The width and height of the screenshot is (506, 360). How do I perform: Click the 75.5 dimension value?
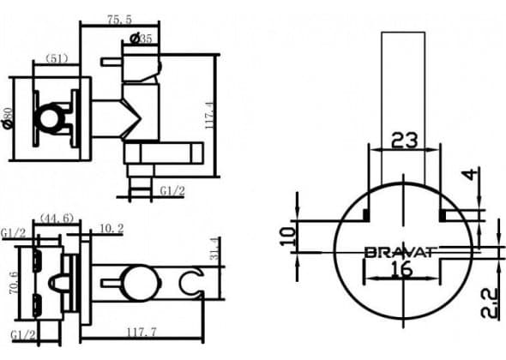tap(119, 20)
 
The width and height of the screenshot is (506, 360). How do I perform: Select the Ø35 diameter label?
tap(141, 39)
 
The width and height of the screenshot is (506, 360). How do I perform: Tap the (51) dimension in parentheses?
tap(57, 58)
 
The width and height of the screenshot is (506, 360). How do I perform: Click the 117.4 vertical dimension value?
tap(209, 116)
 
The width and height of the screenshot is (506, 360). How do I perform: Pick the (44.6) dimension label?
tap(57, 219)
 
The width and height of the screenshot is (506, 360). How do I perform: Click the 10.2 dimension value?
tap(111, 228)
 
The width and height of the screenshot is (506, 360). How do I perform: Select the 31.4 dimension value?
tap(215, 249)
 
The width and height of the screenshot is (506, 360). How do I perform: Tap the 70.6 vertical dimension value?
tap(15, 283)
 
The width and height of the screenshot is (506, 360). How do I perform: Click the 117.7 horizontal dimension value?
tap(142, 332)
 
